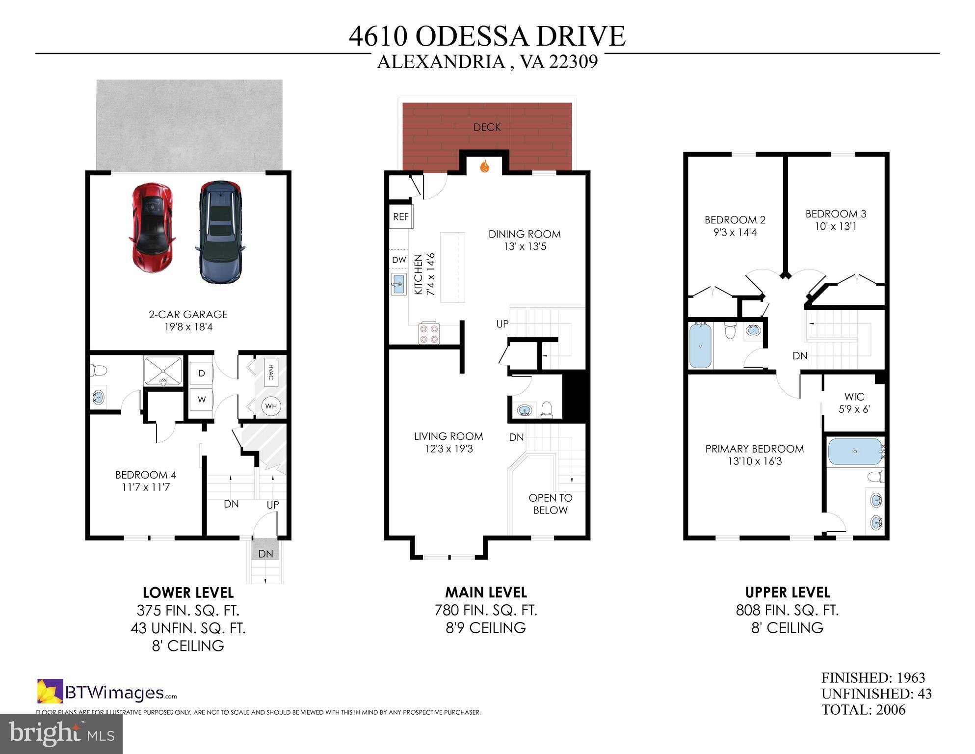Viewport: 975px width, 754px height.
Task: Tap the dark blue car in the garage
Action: click(x=221, y=232)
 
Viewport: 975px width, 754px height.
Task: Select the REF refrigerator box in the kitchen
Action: click(x=401, y=216)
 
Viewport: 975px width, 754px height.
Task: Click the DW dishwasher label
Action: click(x=399, y=260)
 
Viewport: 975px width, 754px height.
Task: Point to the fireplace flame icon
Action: click(x=485, y=166)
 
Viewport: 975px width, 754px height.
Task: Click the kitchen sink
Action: click(x=398, y=285)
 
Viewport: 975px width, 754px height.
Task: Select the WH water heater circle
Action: click(x=271, y=406)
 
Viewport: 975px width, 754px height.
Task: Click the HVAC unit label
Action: click(x=270, y=372)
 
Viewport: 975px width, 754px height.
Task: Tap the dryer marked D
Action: click(x=201, y=374)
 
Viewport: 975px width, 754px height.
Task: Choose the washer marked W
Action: click(x=201, y=400)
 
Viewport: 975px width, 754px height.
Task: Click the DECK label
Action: click(x=487, y=127)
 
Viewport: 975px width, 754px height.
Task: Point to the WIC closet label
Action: click(x=854, y=396)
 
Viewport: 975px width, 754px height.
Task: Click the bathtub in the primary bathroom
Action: click(x=855, y=452)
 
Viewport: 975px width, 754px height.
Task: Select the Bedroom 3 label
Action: click(x=836, y=214)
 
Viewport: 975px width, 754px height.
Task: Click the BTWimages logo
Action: click(x=107, y=692)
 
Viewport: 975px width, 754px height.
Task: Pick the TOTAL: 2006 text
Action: click(x=863, y=710)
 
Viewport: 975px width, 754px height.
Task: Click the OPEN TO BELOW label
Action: click(x=550, y=504)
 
